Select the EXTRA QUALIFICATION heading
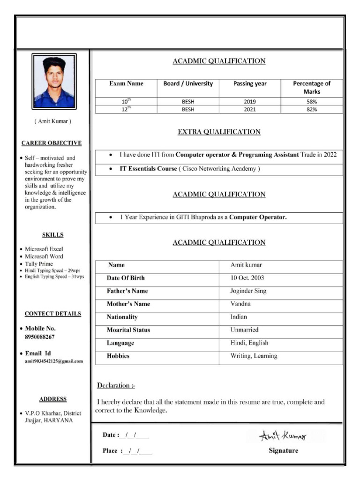point(219,132)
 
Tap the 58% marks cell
point(312,101)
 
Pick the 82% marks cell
point(312,109)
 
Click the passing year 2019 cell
point(250,101)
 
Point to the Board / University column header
point(188,84)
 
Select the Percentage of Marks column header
point(312,88)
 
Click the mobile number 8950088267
point(40,337)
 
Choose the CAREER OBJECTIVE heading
point(52,143)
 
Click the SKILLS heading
point(53,235)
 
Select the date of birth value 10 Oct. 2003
point(247,278)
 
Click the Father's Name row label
point(127,291)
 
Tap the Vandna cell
point(240,304)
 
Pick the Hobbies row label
point(118,356)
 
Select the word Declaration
point(114,386)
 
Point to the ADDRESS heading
point(53,399)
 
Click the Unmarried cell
point(244,330)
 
